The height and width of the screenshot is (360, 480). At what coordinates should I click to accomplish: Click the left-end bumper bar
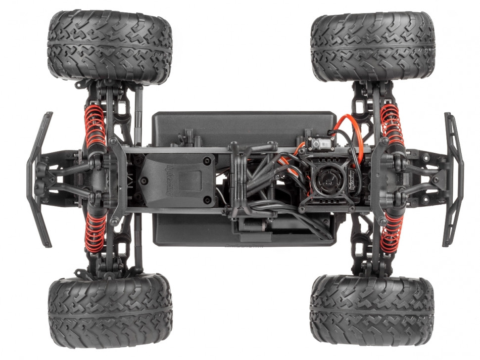[x=40, y=179]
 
